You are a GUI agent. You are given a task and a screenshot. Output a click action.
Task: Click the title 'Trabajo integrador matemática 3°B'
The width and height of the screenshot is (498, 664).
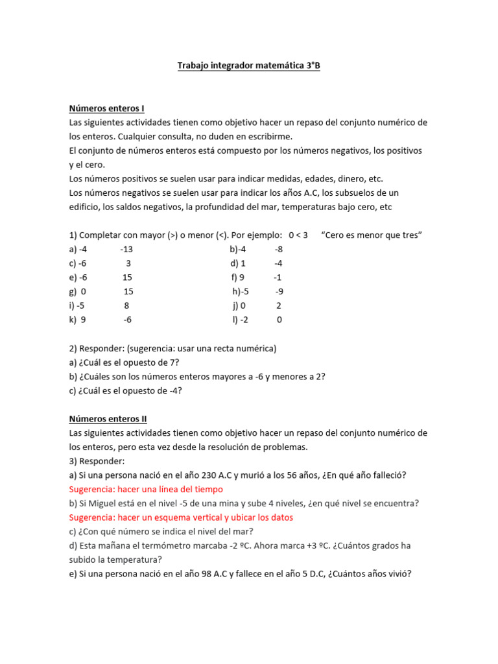coord(249,66)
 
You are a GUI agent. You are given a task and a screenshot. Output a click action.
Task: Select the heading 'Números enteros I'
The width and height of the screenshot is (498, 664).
coord(106,108)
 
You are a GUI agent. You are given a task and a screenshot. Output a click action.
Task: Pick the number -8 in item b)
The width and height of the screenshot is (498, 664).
coord(278,250)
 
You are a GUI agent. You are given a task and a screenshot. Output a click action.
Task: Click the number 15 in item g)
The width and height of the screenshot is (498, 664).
coord(128,292)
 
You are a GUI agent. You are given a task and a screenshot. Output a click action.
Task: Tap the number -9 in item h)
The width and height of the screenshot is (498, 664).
coord(279,292)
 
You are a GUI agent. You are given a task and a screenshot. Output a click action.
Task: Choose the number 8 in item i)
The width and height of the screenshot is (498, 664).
coord(126,305)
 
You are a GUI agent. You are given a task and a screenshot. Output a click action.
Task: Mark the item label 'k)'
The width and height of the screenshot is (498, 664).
coord(73,320)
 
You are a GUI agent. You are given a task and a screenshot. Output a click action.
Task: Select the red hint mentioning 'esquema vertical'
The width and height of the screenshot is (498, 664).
coord(181,517)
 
